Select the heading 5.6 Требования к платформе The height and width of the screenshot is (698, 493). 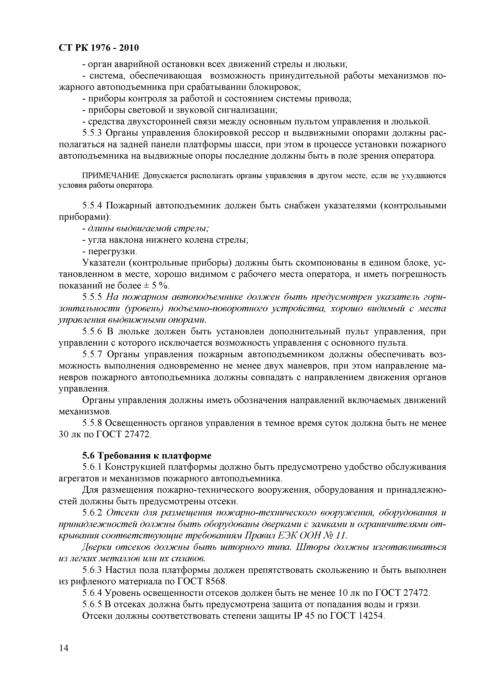click(147, 456)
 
